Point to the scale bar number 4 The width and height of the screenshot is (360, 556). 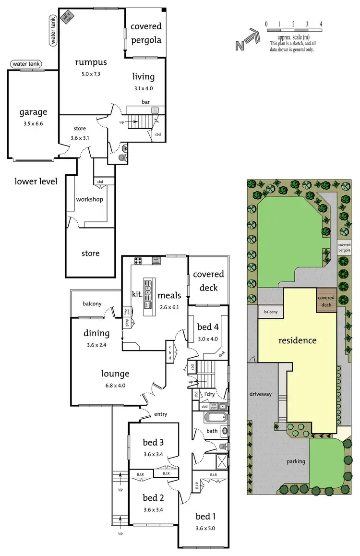321,24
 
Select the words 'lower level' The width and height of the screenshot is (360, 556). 36,181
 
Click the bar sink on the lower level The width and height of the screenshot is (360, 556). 155,110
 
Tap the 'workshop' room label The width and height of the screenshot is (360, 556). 89,199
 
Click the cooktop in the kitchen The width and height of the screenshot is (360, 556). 138,261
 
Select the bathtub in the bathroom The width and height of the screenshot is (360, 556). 211,417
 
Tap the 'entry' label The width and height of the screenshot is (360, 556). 161,414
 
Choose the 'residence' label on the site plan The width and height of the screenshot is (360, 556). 298,340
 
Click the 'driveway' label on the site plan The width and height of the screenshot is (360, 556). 260,394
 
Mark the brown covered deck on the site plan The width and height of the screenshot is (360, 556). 325,301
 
